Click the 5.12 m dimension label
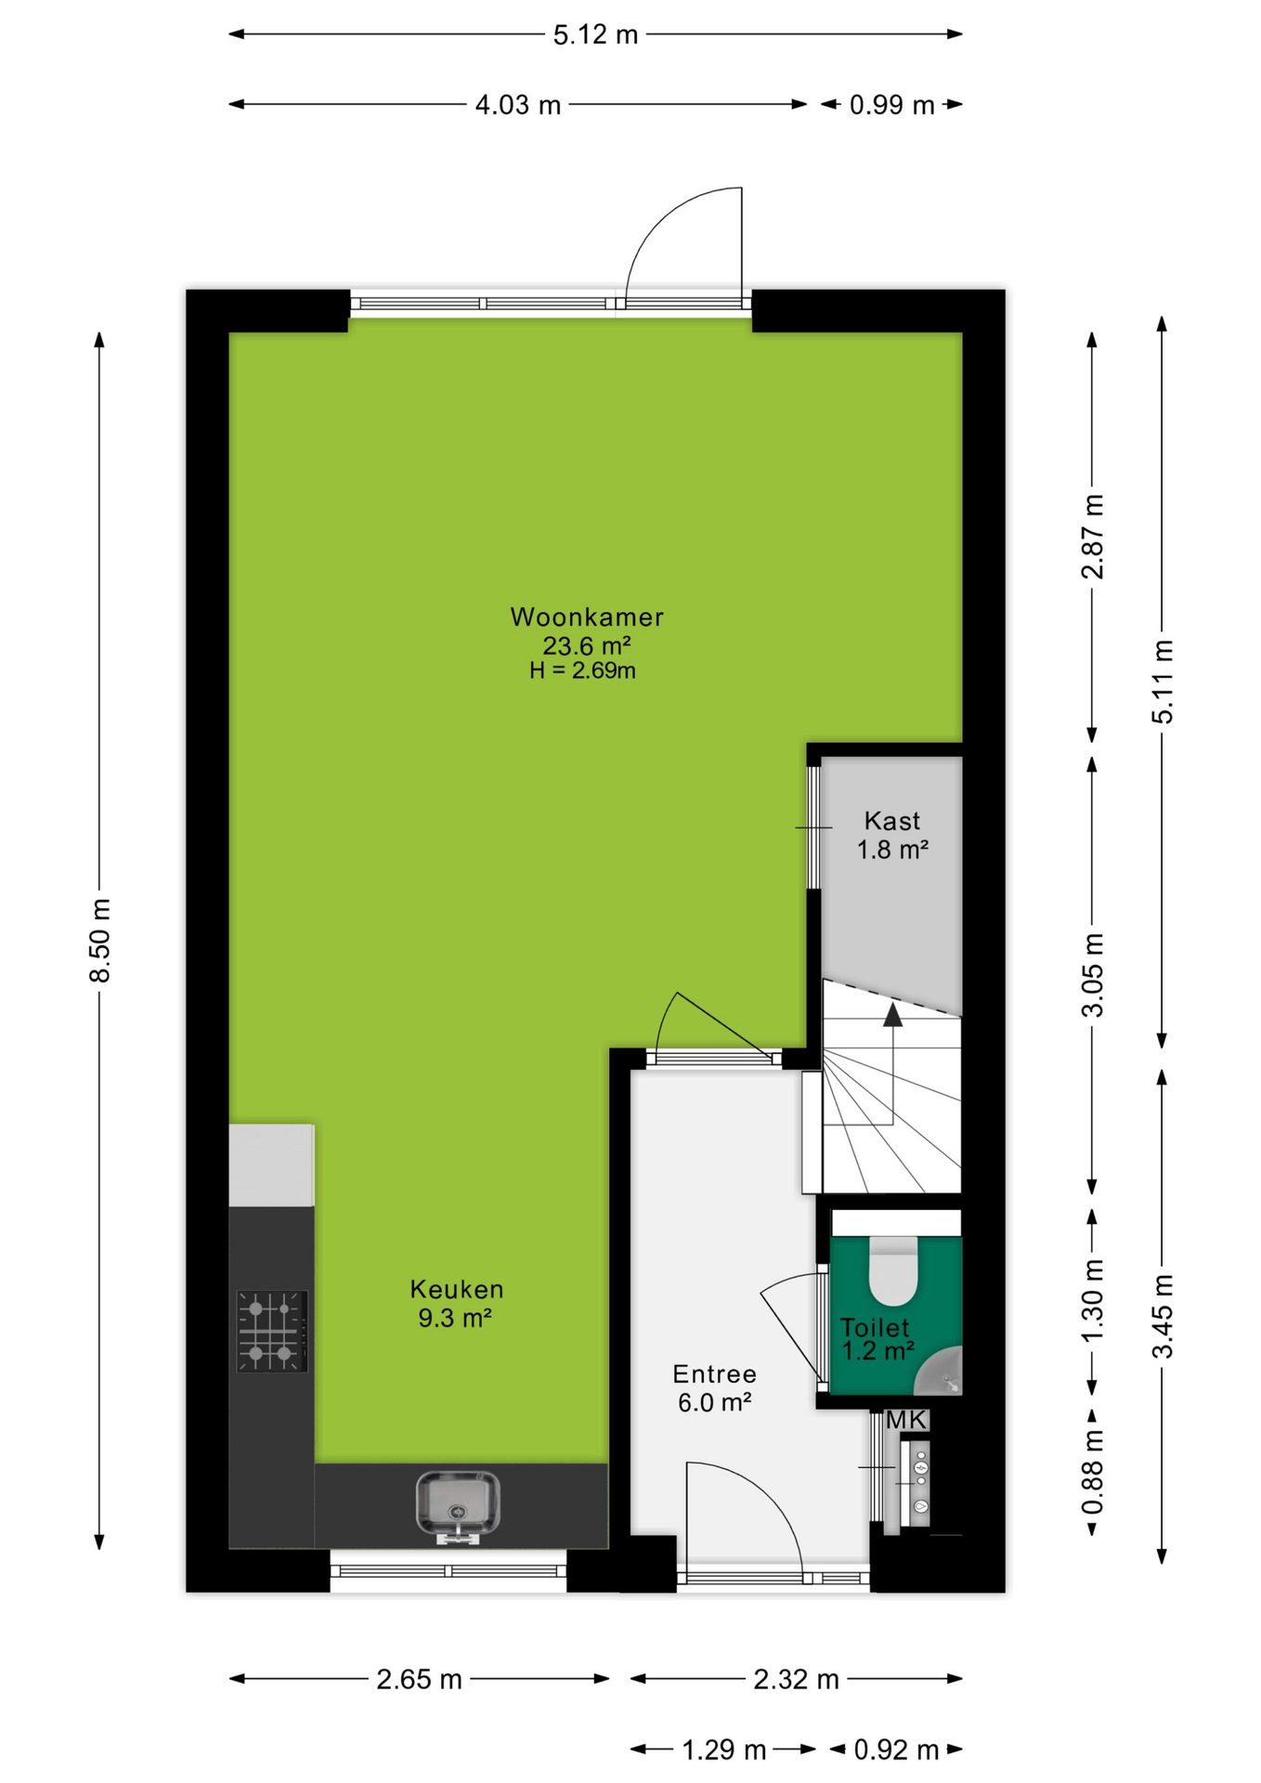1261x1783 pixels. [595, 35]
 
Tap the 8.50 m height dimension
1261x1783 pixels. [99, 940]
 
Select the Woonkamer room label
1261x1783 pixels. [587, 617]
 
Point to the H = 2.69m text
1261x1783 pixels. [583, 670]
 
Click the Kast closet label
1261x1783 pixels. [892, 821]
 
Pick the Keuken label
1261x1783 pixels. [457, 1289]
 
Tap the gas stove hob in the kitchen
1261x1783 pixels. [272, 1331]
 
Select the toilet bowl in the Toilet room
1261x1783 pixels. [893, 1270]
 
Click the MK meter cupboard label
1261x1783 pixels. [906, 1420]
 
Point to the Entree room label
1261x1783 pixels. [714, 1373]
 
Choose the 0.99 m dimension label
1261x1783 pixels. [891, 105]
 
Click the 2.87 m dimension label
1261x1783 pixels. [1092, 536]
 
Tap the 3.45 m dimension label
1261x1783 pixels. [1162, 1316]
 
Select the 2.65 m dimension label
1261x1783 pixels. [419, 1679]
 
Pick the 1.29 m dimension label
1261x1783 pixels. [724, 1750]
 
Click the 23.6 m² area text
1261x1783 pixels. [587, 645]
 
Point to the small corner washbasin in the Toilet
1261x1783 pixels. [940, 1373]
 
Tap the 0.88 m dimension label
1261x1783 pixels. [1092, 1472]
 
